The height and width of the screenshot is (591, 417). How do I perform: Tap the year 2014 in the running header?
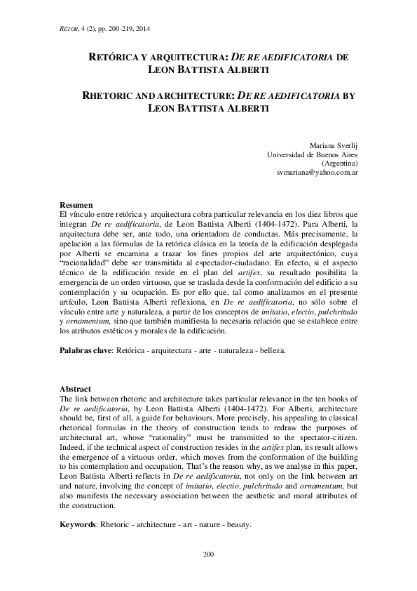pyautogui.click(x=141, y=29)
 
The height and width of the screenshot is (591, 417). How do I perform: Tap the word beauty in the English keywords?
pyautogui.click(x=237, y=524)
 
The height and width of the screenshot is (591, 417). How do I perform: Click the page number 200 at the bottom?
pyautogui.click(x=208, y=555)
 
